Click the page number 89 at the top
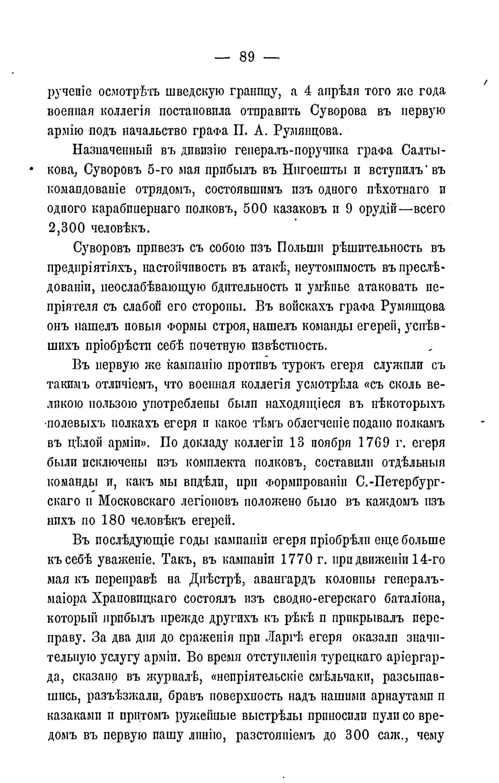tap(247, 57)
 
